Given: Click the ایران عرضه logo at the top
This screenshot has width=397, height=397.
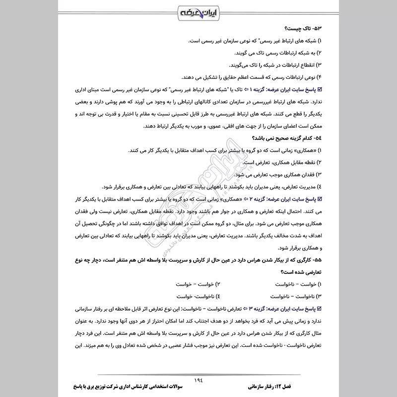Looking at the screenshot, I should pyautogui.click(x=198, y=11).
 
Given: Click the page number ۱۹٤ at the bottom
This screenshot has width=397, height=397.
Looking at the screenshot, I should pyautogui.click(x=198, y=379).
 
